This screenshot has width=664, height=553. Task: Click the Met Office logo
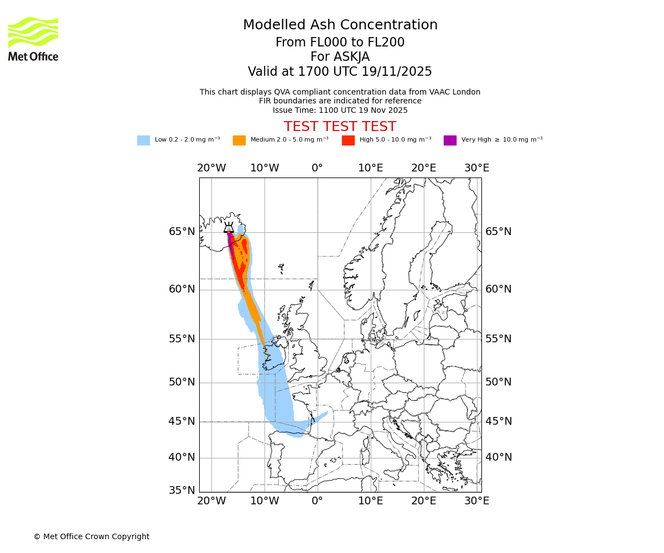click(x=33, y=39)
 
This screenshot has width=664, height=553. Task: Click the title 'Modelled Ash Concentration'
click(x=340, y=25)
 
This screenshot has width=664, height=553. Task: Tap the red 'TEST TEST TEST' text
click(x=340, y=127)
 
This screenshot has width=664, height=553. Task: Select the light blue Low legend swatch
click(x=143, y=140)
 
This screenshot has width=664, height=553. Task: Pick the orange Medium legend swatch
click(x=239, y=140)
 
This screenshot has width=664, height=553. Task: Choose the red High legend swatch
click(x=348, y=140)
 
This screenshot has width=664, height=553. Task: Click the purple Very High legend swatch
click(x=450, y=140)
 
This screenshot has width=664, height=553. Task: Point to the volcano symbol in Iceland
click(x=229, y=227)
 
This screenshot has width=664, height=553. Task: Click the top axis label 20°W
click(x=211, y=168)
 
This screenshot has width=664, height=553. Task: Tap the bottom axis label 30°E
click(x=476, y=501)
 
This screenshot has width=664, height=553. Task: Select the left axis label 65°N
click(x=182, y=232)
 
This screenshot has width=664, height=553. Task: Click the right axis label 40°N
click(x=499, y=457)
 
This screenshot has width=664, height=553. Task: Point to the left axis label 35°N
click(x=182, y=491)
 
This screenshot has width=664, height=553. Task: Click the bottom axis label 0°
click(x=317, y=501)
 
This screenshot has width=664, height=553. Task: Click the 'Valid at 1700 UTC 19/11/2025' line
click(x=340, y=72)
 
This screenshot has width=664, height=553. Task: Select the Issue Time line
click(x=340, y=110)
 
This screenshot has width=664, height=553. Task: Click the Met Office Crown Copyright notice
click(x=91, y=536)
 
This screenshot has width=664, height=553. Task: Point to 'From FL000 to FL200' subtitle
click(x=340, y=43)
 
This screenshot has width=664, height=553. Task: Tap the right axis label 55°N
click(x=499, y=339)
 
